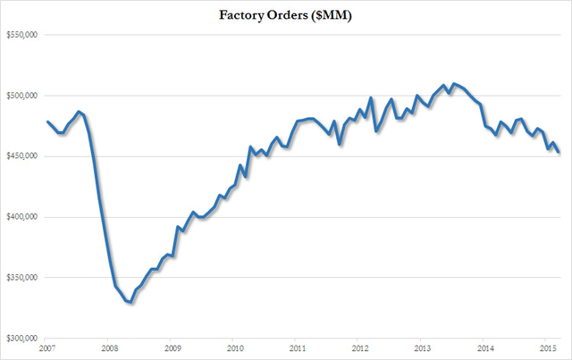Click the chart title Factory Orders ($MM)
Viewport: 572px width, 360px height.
click(285, 15)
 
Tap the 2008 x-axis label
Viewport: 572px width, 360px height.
click(108, 348)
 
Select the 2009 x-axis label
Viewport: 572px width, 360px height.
click(172, 348)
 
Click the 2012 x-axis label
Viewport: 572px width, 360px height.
click(359, 348)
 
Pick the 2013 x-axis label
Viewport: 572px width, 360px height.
click(422, 348)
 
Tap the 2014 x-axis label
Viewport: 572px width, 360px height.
click(485, 348)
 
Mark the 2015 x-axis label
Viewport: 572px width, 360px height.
click(548, 348)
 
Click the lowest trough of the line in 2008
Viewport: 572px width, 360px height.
click(130, 303)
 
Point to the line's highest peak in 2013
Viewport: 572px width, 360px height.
click(454, 84)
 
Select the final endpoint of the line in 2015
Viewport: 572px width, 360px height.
click(559, 153)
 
